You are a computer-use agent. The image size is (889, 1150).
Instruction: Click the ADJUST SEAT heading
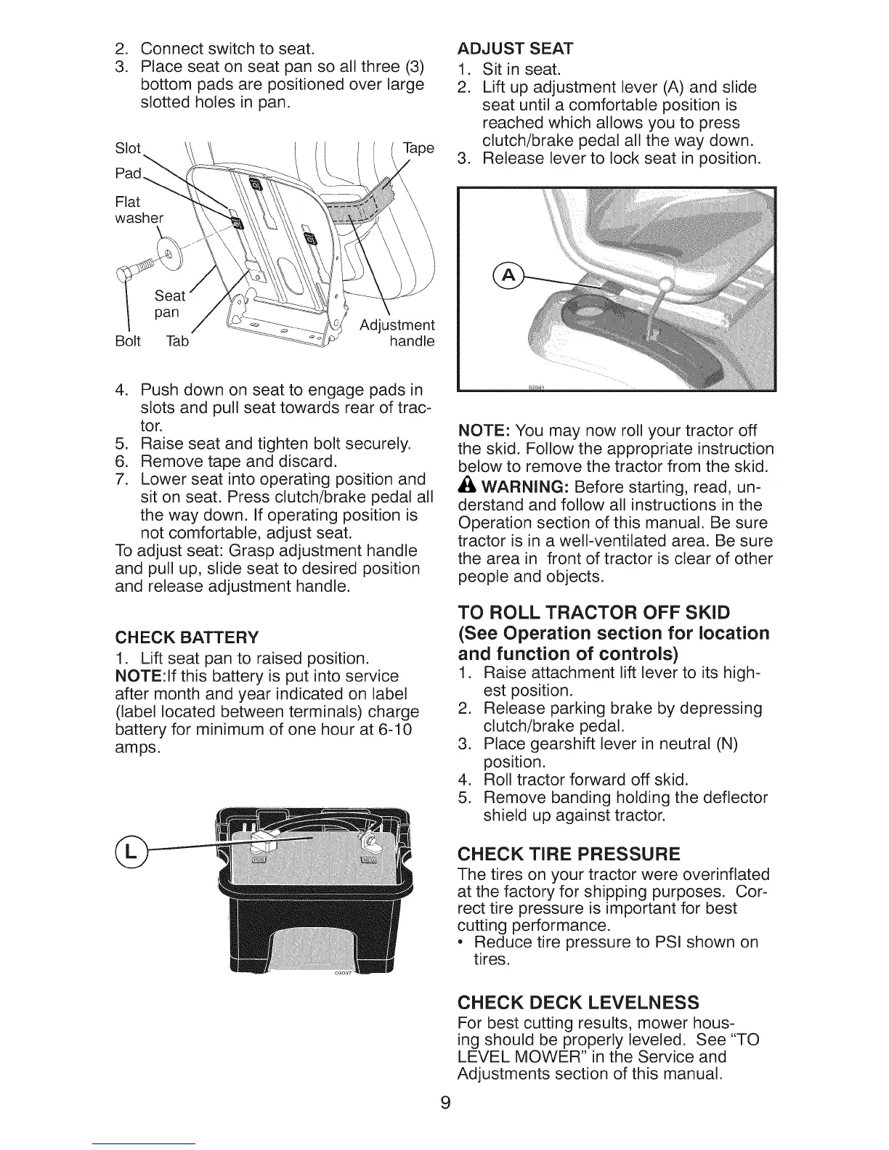point(515,49)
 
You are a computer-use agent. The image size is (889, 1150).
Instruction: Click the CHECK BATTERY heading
point(187,637)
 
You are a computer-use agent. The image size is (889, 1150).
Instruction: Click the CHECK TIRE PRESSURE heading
point(569,852)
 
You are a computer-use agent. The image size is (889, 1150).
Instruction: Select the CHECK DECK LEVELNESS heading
point(577,1003)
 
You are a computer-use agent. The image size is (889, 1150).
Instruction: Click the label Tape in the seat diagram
point(418,148)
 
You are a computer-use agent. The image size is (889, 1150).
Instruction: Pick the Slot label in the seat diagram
point(128,148)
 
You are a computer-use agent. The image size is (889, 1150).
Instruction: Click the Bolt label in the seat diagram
point(127,340)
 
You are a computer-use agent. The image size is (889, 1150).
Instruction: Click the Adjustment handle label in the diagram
point(397,333)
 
